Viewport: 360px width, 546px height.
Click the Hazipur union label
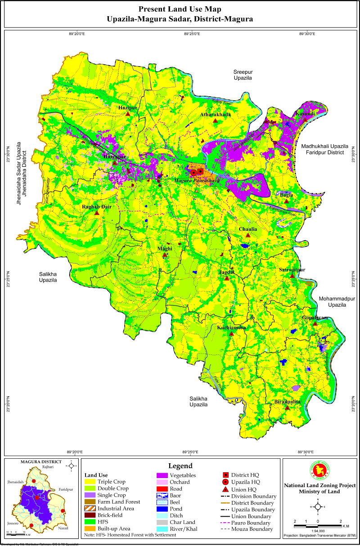127,108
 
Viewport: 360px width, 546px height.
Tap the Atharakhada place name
216,115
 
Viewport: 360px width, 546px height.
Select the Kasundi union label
305,115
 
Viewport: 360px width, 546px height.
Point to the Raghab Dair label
96,207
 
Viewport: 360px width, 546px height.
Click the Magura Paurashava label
197,180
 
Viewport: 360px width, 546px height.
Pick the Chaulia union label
248,229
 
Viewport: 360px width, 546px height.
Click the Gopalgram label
315,318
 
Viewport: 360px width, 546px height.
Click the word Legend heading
180,466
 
